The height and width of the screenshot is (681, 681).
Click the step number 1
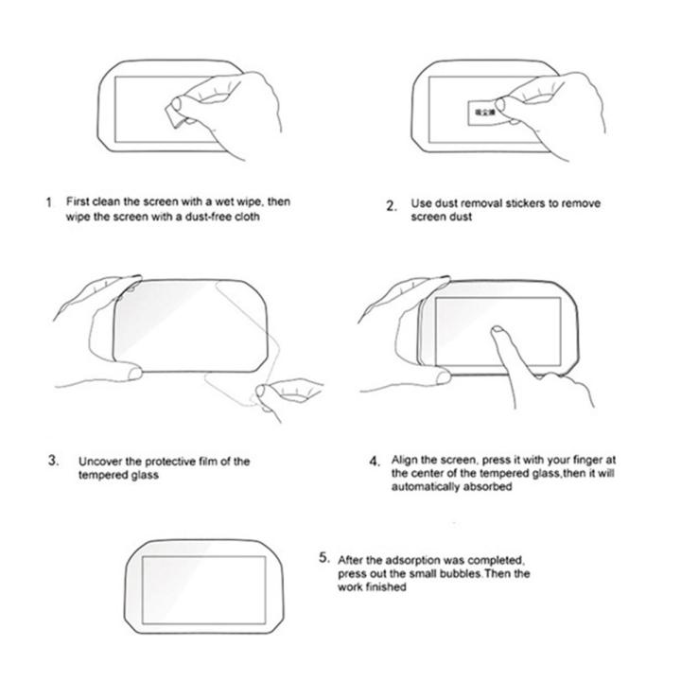tap(49, 203)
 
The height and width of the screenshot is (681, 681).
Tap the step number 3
tap(53, 461)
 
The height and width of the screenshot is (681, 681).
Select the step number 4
tap(375, 462)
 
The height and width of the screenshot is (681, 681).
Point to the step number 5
tap(323, 557)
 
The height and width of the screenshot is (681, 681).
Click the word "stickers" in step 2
tap(510, 203)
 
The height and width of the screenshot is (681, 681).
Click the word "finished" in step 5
tap(388, 587)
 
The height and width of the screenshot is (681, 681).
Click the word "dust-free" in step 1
tap(206, 217)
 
